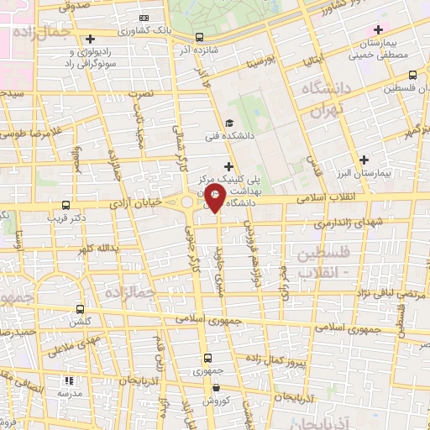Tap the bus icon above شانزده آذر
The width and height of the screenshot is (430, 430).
point(199,37)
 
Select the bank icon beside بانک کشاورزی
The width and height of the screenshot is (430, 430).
point(144,18)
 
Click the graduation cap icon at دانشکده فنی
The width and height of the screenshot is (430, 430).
point(229,123)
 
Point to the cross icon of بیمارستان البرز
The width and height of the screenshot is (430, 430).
point(363,160)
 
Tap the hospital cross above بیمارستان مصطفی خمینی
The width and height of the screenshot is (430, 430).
point(379,30)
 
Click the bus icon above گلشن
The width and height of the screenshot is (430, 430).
point(80,309)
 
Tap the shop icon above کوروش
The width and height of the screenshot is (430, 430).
point(218,388)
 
